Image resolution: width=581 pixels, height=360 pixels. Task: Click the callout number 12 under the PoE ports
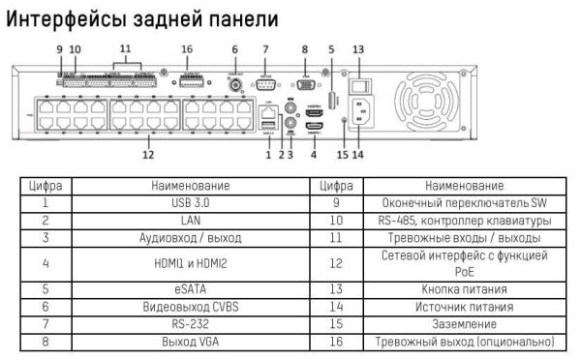[148, 153]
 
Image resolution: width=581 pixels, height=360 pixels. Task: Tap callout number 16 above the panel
[188, 48]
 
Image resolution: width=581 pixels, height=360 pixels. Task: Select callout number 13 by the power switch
[358, 48]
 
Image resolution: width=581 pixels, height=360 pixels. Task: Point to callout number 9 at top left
[59, 48]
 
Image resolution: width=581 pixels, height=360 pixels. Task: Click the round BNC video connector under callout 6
[234, 84]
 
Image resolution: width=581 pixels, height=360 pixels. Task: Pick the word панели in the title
[241, 18]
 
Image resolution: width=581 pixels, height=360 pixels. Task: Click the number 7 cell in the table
[45, 324]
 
